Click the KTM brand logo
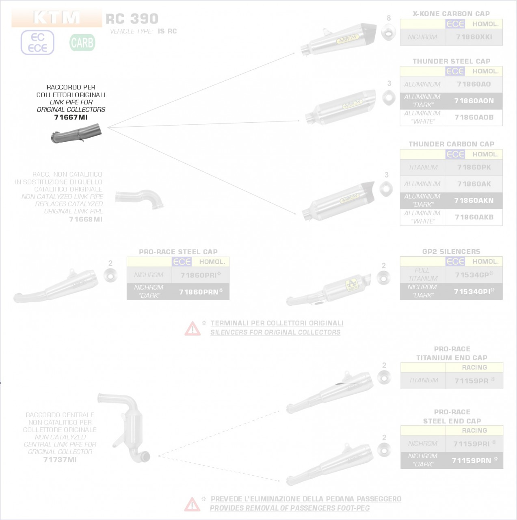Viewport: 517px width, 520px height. coord(56,18)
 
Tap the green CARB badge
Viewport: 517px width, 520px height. coord(82,43)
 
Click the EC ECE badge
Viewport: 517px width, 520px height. coord(37,43)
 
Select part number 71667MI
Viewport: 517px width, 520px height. coord(71,117)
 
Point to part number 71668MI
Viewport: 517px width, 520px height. coord(86,219)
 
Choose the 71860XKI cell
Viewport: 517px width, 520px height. coord(474,37)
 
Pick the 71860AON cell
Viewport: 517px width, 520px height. coord(474,101)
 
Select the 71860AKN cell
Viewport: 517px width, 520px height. coord(474,200)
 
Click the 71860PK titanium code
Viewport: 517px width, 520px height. coord(474,167)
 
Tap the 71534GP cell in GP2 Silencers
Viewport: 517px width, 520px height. coord(474,275)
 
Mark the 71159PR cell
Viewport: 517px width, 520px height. coord(474,381)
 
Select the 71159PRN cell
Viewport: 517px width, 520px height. coord(474,461)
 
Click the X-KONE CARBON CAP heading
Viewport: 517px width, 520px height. coord(451,14)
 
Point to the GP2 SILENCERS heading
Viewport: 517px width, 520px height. coord(451,251)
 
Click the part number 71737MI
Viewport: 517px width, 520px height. coord(60,460)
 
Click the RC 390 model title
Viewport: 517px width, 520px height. coord(132,19)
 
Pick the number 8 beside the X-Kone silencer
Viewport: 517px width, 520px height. coord(389,18)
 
